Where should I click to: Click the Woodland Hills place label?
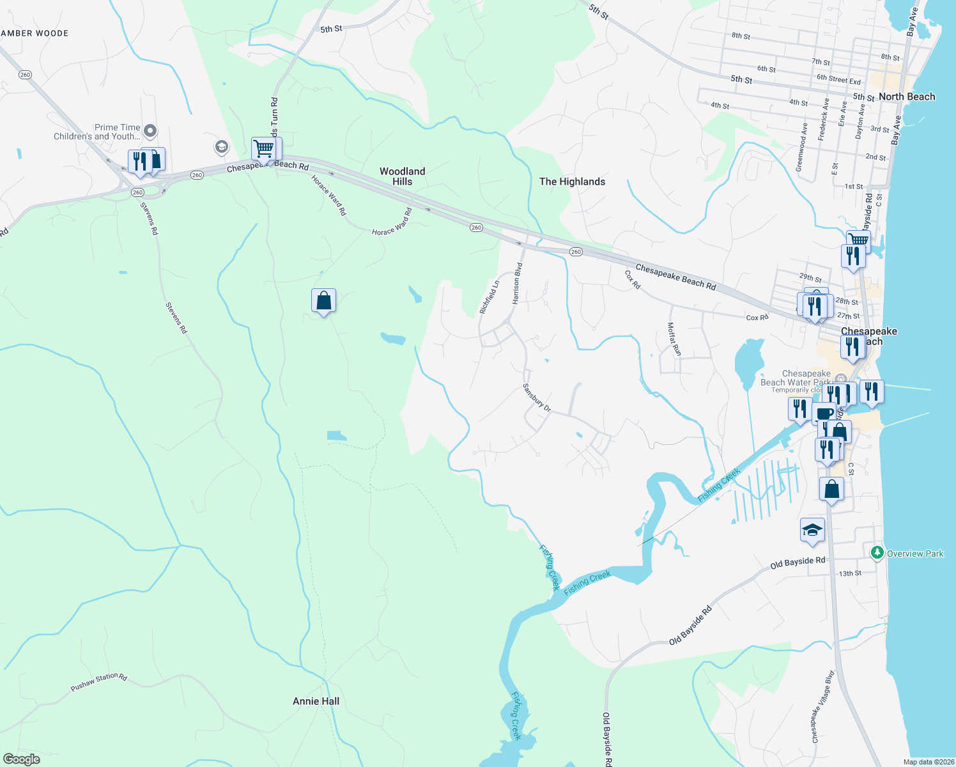pyautogui.click(x=402, y=176)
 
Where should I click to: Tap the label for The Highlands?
pyautogui.click(x=572, y=182)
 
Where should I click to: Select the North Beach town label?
pyautogui.click(x=906, y=97)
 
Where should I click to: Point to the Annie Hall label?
pyautogui.click(x=316, y=701)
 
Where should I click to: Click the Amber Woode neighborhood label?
pyautogui.click(x=35, y=33)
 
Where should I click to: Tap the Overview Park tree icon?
pyautogui.click(x=877, y=552)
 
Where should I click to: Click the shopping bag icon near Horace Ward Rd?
pyautogui.click(x=323, y=300)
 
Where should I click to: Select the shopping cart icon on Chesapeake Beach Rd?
pyautogui.click(x=263, y=148)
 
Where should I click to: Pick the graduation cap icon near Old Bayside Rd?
pyautogui.click(x=812, y=530)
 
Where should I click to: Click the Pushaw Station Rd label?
pyautogui.click(x=99, y=682)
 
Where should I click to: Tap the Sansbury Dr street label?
pyautogui.click(x=536, y=397)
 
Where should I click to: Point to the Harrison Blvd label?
pyautogui.click(x=518, y=283)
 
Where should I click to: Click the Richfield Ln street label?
pyautogui.click(x=489, y=297)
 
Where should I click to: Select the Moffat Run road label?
pyautogui.click(x=674, y=339)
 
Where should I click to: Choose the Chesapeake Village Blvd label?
pyautogui.click(x=823, y=706)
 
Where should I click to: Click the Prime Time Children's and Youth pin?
pyautogui.click(x=150, y=132)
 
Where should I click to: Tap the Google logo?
pyautogui.click(x=22, y=759)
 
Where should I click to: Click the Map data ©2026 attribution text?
pyautogui.click(x=929, y=762)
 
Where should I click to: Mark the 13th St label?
pyautogui.click(x=850, y=573)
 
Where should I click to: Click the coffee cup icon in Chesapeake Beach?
pyautogui.click(x=824, y=412)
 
